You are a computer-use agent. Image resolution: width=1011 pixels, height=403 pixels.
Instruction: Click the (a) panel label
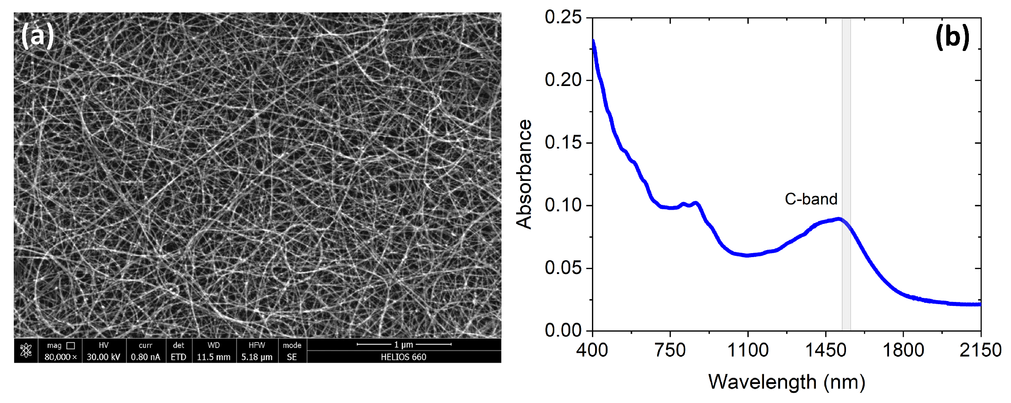pos(37,36)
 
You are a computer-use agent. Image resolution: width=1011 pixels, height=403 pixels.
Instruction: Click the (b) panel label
pos(952,36)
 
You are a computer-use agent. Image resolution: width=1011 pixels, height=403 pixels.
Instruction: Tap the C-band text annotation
pos(811,199)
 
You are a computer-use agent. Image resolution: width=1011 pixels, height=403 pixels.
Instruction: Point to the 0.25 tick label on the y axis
pos(563,18)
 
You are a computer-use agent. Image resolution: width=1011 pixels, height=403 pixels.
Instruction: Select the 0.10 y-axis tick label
pos(563,205)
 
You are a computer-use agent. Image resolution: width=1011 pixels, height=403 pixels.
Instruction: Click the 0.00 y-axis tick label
pos(563,330)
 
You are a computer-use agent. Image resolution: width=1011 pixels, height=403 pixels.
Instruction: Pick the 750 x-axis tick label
pos(670,350)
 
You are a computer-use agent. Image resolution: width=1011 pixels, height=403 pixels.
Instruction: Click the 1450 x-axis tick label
pos(826,350)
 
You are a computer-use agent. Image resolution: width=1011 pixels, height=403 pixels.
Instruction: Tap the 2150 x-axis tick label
pos(980,350)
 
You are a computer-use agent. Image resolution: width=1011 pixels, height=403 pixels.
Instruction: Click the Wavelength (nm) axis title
pos(787,382)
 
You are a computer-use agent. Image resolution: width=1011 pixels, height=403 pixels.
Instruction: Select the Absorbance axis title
pos(524,174)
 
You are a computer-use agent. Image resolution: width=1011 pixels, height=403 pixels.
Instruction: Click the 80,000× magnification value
pos(60,357)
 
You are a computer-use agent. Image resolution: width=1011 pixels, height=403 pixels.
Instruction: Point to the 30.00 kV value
pos(103,357)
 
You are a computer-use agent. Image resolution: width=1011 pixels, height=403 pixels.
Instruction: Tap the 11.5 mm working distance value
pos(214,357)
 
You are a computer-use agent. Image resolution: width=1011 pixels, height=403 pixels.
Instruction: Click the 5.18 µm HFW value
pos(257,357)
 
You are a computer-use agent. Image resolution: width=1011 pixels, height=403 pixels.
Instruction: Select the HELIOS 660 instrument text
pos(404,357)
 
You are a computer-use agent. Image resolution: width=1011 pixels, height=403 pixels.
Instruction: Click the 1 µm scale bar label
pos(404,344)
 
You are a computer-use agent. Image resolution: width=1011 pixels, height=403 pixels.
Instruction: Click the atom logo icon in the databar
pos(26,351)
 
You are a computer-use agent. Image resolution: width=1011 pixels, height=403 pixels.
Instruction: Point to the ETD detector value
pos(178,357)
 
